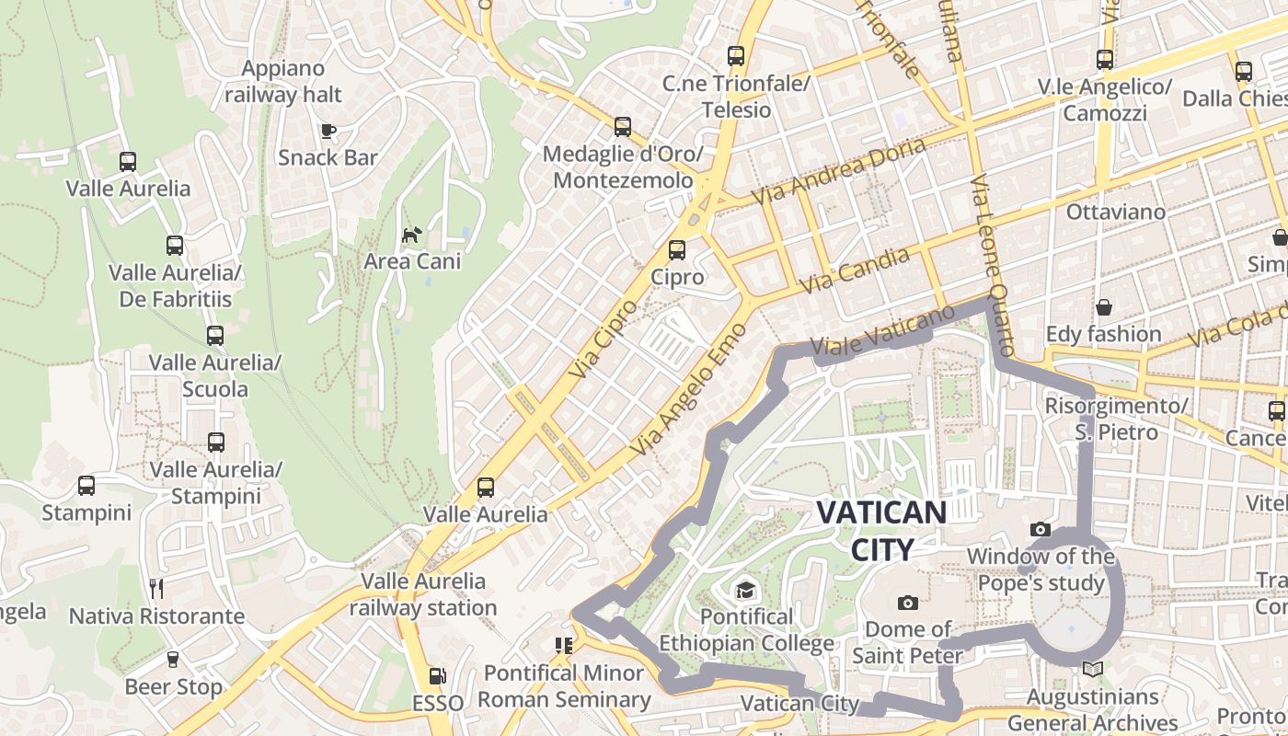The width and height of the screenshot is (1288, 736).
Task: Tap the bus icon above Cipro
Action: coord(677,249)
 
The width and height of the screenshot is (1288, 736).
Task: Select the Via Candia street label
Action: coord(855,270)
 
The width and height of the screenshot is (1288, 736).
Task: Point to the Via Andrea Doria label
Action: coord(839,172)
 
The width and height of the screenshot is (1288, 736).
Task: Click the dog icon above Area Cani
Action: coord(411,235)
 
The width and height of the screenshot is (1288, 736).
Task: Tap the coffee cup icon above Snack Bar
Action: coord(328,131)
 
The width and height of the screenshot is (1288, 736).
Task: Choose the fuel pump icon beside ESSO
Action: coord(437,676)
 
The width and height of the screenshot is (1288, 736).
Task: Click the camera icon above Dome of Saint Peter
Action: coord(907,603)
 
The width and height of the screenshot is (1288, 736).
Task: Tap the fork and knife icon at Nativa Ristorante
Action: coord(156,588)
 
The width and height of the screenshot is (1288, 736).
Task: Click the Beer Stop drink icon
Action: coord(172,659)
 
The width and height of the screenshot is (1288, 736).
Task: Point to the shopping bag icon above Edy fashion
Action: coord(1103,306)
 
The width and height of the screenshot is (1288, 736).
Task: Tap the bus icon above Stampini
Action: coord(86,485)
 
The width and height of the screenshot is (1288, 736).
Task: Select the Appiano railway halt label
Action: coord(283,81)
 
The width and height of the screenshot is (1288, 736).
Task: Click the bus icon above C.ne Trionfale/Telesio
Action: coord(735,56)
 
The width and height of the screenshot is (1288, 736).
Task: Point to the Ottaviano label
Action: coord(1115,212)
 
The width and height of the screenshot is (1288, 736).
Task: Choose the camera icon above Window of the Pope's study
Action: coord(1041,529)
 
